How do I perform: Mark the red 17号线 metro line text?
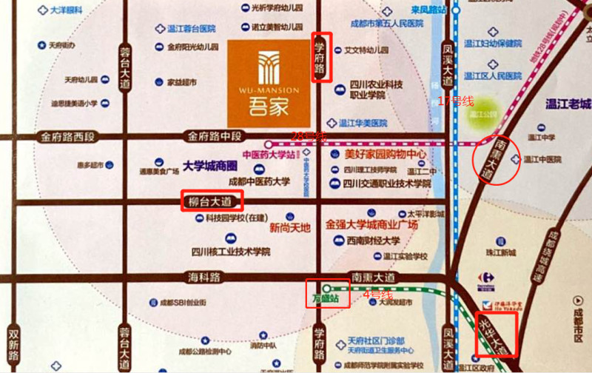click(456, 101)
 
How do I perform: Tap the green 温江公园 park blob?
click(485, 113)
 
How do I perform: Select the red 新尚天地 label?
click(290, 227)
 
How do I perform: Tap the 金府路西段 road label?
click(68, 137)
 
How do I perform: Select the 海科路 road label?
click(203, 277)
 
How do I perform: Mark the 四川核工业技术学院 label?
click(230, 251)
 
